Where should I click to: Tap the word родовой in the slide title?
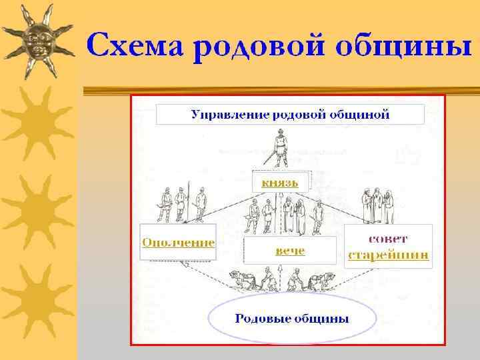(259, 47)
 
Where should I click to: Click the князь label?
(280, 181)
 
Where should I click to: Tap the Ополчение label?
(178, 243)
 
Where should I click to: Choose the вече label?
(290, 251)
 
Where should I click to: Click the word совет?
(389, 238)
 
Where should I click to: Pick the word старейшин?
(389, 255)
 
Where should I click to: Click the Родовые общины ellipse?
(291, 318)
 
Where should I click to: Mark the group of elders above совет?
(377, 205)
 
